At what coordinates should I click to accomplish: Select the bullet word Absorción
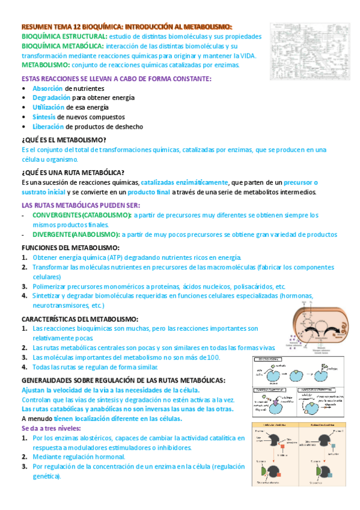pos(47,88)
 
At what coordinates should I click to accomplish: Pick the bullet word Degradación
pos(51,98)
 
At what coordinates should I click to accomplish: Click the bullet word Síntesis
pos(46,117)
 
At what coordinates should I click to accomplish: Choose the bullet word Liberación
pos(48,127)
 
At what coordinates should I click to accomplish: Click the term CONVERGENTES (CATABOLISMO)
pos(81,215)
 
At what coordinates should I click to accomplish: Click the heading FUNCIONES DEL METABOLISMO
pos(70,248)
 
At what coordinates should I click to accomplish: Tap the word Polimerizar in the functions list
pos(52,286)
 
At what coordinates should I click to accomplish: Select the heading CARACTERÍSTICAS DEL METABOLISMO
pos(80,319)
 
